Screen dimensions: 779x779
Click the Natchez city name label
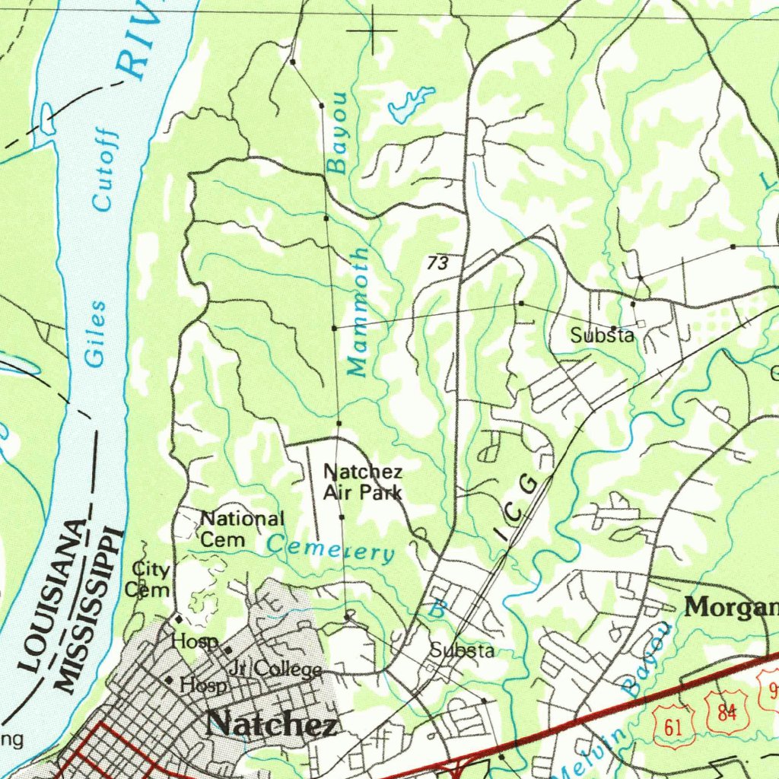point(272,723)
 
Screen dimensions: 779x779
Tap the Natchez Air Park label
point(362,482)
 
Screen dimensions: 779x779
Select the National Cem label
point(240,529)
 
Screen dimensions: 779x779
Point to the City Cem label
point(150,579)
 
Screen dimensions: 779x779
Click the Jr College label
point(275,669)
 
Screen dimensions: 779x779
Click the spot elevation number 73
point(437,264)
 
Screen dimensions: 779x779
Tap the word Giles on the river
point(96,333)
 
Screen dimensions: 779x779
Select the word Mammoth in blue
point(359,311)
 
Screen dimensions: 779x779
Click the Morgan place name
point(731,607)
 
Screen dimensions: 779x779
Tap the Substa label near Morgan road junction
point(603,335)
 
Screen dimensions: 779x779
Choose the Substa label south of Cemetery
point(462,650)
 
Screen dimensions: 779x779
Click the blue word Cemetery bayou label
point(330,548)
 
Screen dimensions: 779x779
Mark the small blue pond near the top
point(409,104)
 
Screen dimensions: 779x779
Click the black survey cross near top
point(373,30)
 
